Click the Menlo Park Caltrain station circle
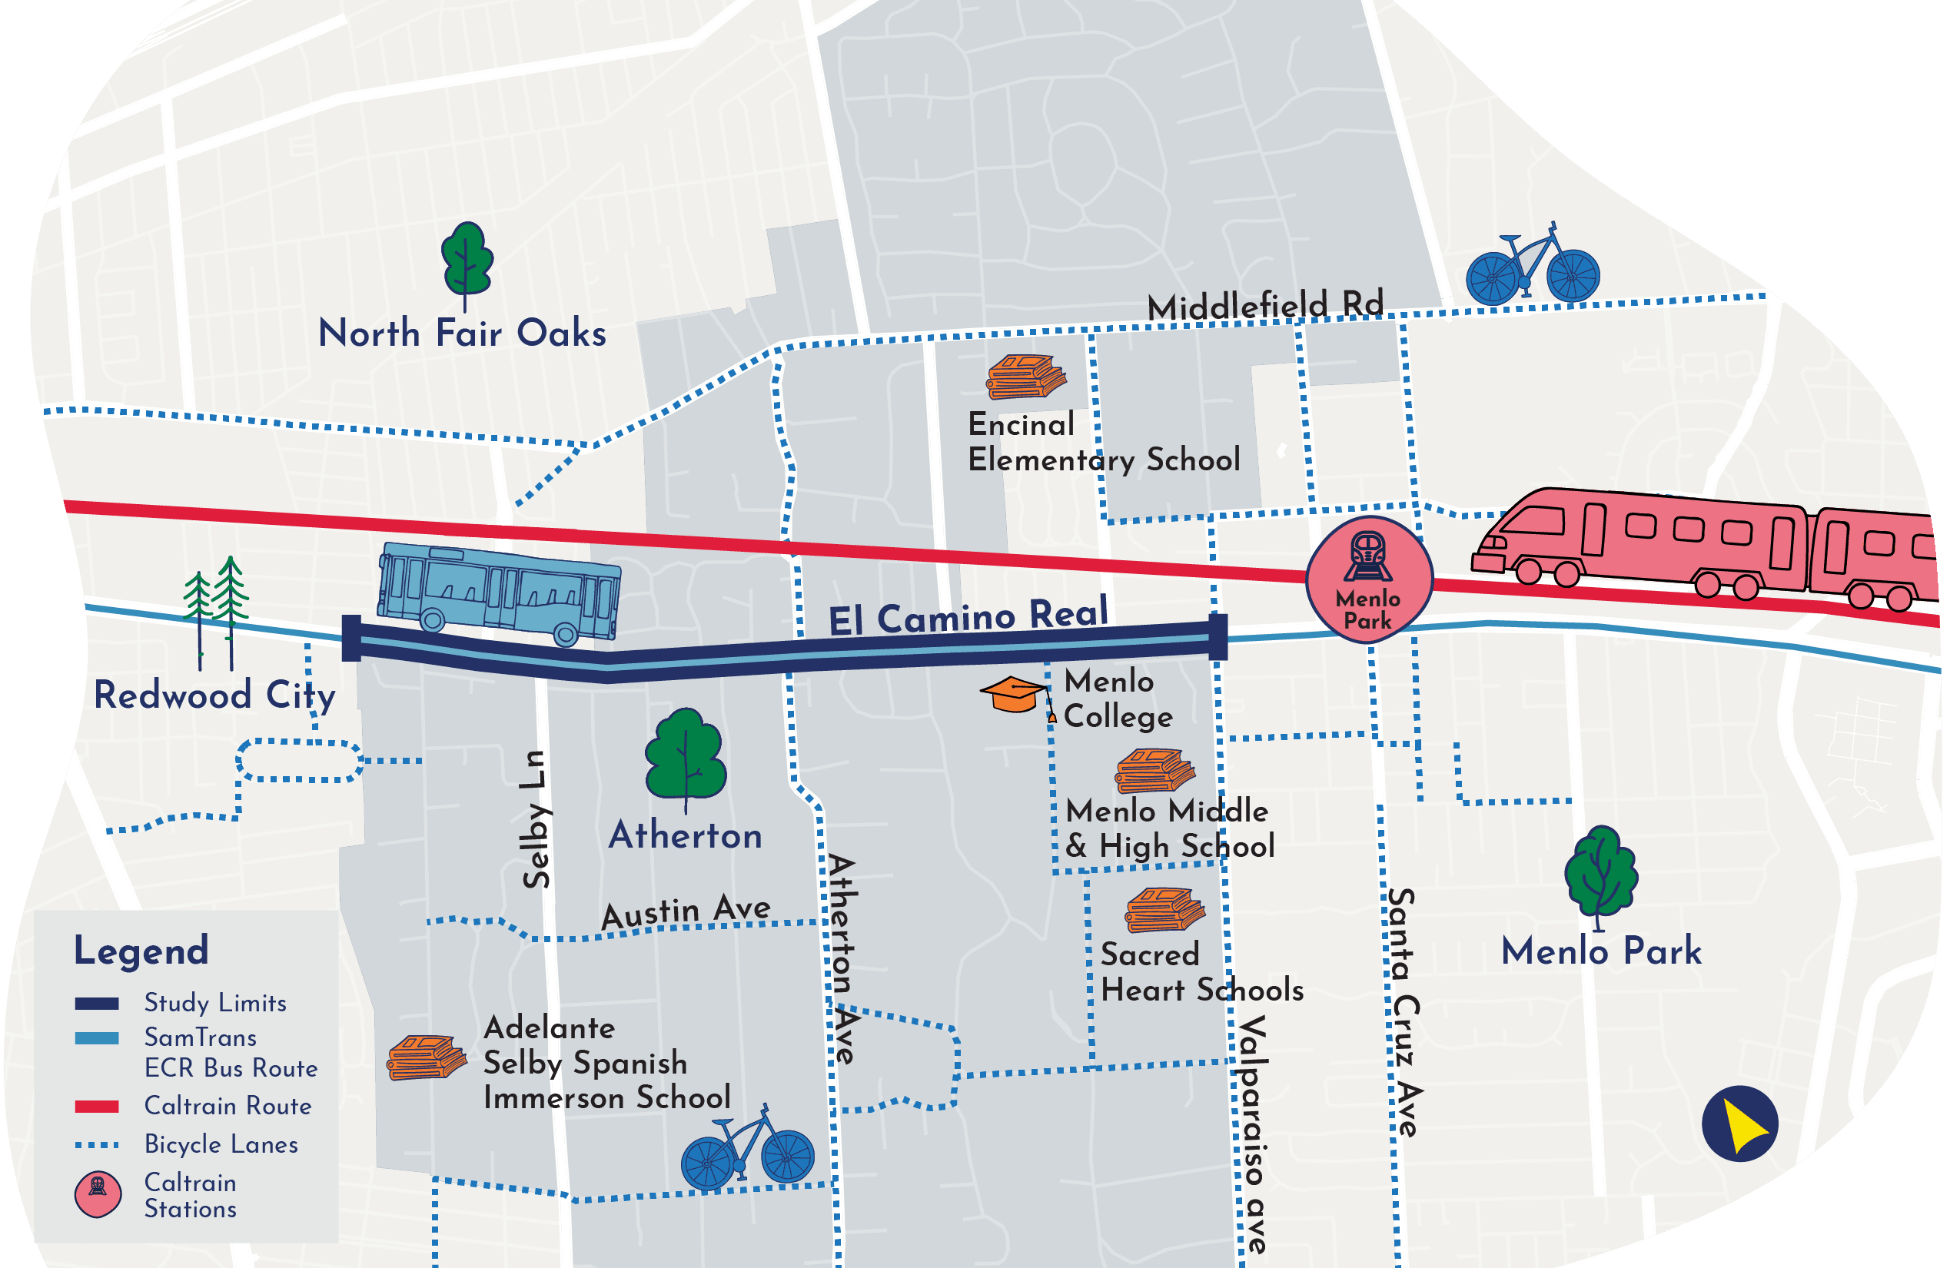click(x=1369, y=579)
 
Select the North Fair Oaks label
click(x=462, y=334)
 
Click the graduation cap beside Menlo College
click(x=1015, y=695)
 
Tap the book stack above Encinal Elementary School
click(x=1025, y=377)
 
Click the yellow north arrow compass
click(x=1739, y=1124)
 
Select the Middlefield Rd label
click(x=1265, y=307)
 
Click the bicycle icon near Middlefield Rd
click(x=1533, y=267)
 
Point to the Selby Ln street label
click(x=537, y=819)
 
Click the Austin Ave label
click(x=686, y=911)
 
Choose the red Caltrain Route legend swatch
click(x=96, y=1107)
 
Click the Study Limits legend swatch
click(x=96, y=1004)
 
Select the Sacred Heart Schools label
click(x=1201, y=972)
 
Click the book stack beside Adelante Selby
click(x=426, y=1058)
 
